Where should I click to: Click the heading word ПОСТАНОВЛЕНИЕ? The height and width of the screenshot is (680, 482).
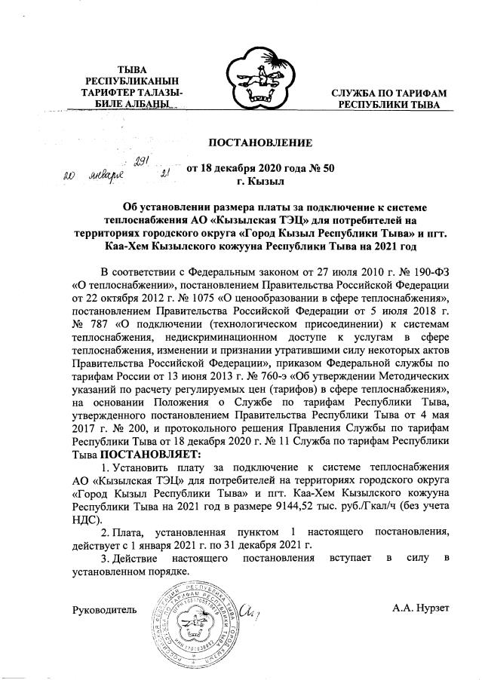[x=259, y=142]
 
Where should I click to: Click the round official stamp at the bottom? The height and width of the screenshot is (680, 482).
[x=192, y=616]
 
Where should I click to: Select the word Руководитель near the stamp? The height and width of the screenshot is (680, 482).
[x=104, y=609]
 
